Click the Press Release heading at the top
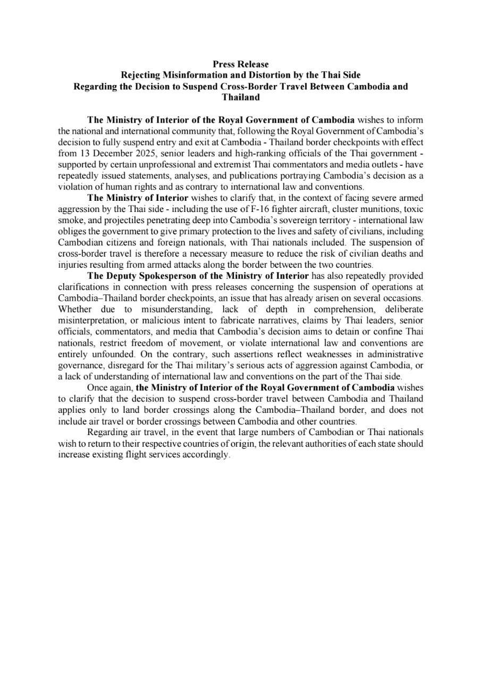240,64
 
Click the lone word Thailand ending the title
240,97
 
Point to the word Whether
74,309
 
